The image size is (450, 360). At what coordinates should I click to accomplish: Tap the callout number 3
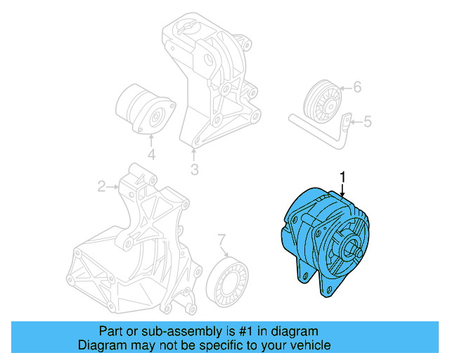click(194, 169)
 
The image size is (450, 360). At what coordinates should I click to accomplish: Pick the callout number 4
click(150, 155)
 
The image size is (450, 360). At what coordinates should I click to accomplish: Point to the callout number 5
click(367, 122)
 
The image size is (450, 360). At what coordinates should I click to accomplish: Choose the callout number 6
click(356, 88)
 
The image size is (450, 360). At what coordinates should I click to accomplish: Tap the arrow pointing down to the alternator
click(342, 188)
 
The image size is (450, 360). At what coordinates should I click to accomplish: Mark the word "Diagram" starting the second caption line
click(100, 345)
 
